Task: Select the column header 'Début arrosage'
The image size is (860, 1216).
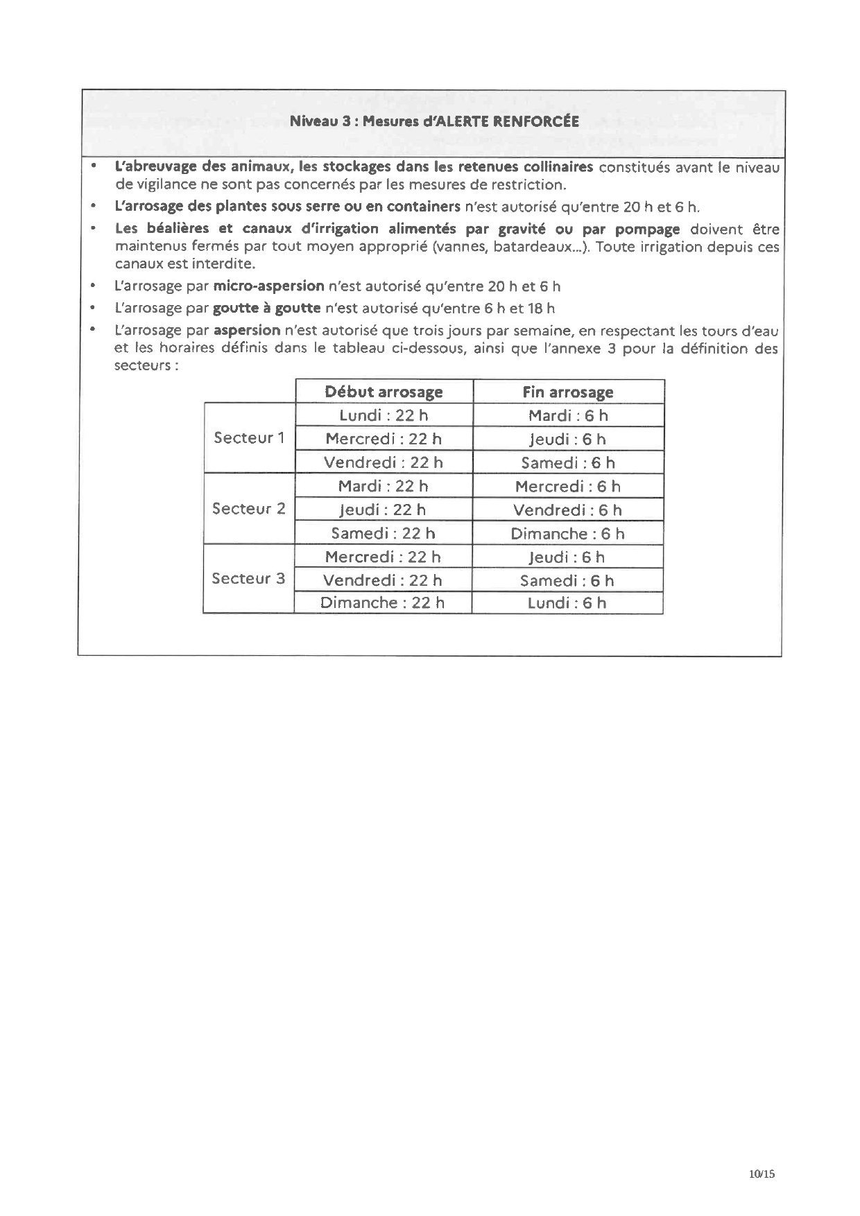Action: (x=384, y=392)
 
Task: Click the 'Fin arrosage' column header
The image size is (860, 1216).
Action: (x=568, y=392)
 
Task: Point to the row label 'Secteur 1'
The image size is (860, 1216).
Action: (x=249, y=438)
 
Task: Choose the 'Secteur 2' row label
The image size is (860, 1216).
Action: (x=248, y=509)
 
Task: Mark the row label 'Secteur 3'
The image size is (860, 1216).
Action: (x=248, y=579)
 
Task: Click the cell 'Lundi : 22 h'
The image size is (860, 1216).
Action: (x=384, y=415)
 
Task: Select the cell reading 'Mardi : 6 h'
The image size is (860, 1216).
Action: (x=568, y=416)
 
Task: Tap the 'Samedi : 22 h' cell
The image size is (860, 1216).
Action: (x=383, y=533)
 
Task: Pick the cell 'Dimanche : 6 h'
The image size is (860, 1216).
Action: (x=567, y=534)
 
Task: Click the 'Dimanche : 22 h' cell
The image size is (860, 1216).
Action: (x=382, y=602)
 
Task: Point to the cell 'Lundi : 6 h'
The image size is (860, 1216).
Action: (x=567, y=603)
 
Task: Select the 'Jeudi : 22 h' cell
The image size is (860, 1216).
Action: (x=382, y=510)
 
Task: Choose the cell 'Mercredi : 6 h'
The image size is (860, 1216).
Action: (x=568, y=487)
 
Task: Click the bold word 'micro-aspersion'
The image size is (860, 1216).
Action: (x=269, y=286)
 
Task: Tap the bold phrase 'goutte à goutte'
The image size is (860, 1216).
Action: (x=267, y=309)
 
